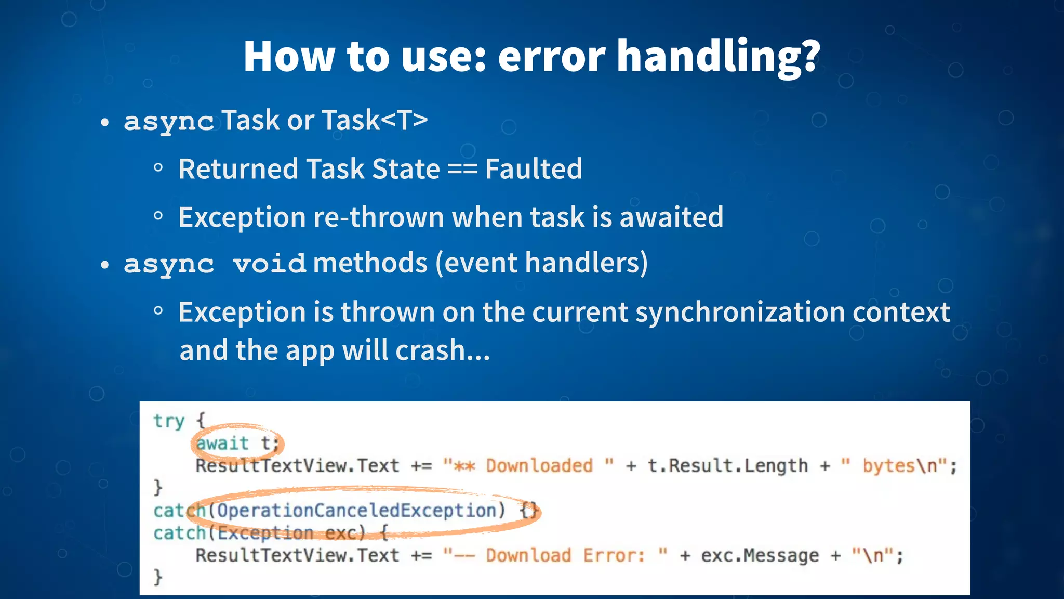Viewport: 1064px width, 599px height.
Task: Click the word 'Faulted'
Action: tap(534, 169)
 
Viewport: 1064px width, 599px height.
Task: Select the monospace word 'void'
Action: tap(269, 264)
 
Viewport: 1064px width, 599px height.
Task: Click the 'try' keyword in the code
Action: tap(169, 421)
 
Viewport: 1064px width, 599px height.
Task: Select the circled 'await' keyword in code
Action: tap(222, 444)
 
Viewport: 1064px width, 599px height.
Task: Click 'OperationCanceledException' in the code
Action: tap(356, 511)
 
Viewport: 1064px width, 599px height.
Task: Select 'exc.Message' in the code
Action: tap(760, 556)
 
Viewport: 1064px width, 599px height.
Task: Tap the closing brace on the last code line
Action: tap(158, 577)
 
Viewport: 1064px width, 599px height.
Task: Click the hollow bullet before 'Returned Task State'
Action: tap(158, 168)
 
